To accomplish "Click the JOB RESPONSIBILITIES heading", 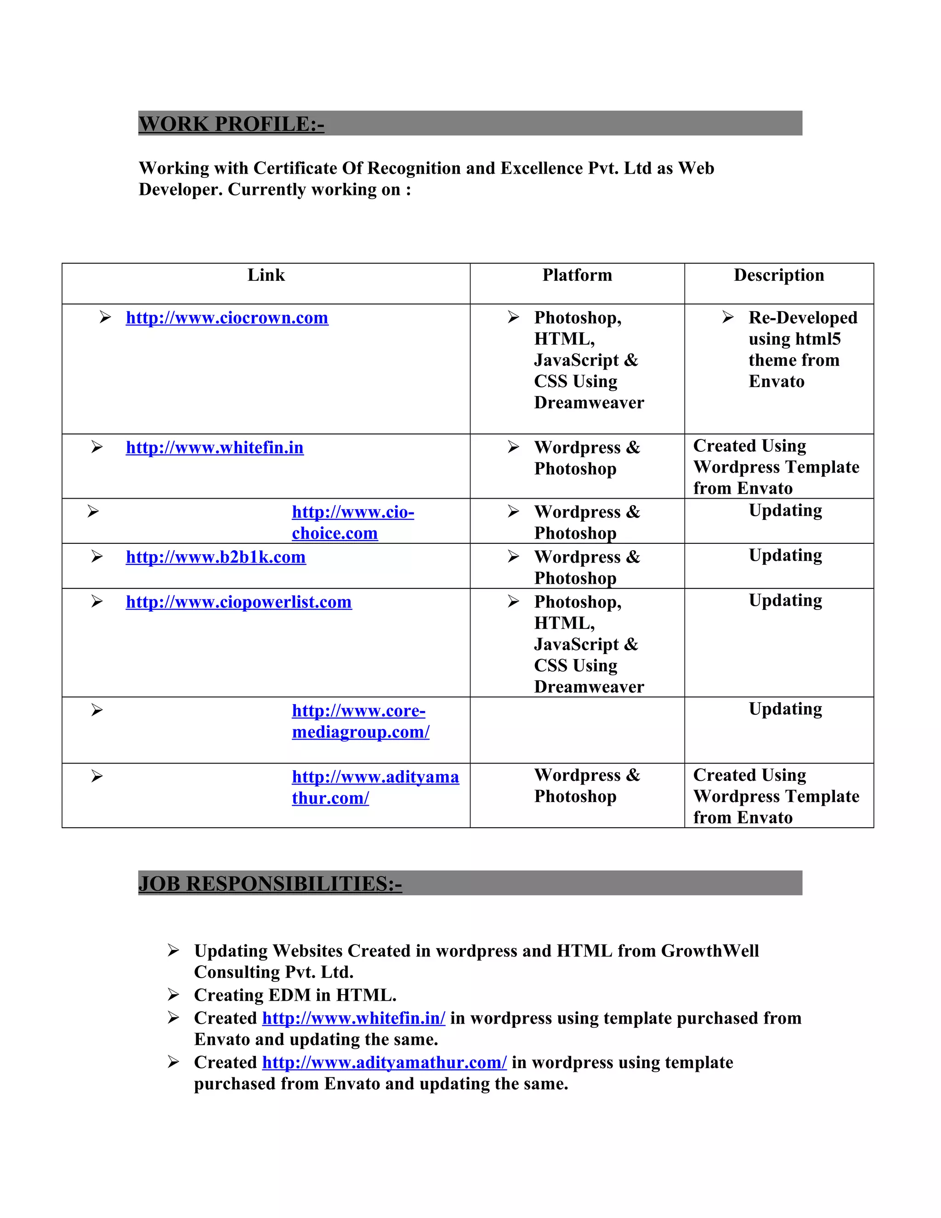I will click(270, 883).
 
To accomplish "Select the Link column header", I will click(266, 275).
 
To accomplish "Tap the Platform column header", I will click(577, 275).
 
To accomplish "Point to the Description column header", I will click(779, 275).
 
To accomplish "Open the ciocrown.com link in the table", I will click(227, 318).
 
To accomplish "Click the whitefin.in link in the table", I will click(215, 448).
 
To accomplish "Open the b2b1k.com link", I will click(216, 557).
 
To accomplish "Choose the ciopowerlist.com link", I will click(238, 602).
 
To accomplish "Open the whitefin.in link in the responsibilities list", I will click(353, 1019).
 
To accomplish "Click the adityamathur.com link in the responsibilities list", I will click(384, 1063).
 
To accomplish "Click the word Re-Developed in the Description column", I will click(803, 318).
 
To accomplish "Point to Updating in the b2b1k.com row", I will click(785, 556).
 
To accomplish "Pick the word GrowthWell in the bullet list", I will click(709, 951).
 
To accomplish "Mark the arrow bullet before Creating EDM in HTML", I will click(173, 995).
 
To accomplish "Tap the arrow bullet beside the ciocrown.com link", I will click(105, 317).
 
